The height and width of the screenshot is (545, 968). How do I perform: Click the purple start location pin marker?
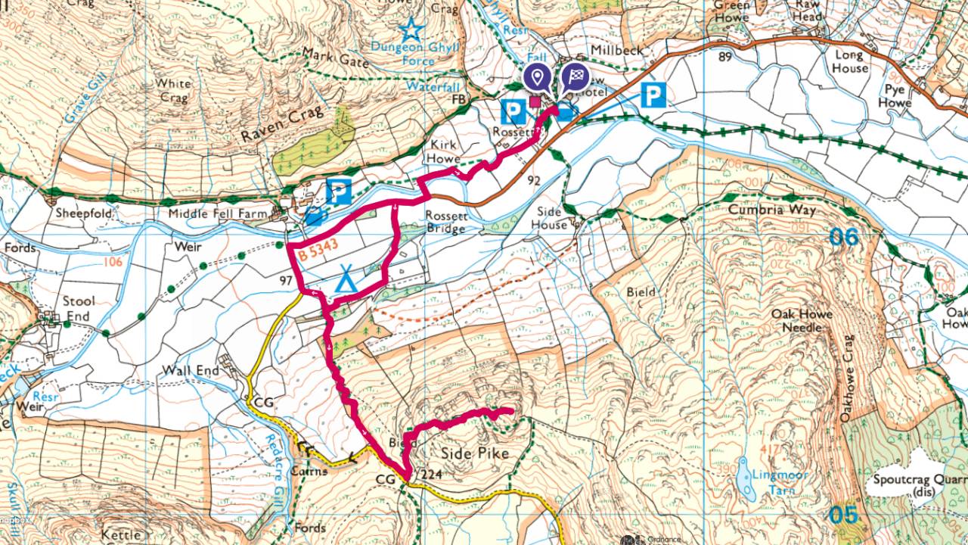(538, 77)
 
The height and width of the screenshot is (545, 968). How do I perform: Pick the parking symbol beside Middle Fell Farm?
(338, 192)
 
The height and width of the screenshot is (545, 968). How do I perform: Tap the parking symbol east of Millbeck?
(653, 95)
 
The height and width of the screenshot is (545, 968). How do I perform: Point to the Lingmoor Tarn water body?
(745, 480)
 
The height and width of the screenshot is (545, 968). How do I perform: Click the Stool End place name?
(78, 309)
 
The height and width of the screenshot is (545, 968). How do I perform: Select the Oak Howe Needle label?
(802, 320)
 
